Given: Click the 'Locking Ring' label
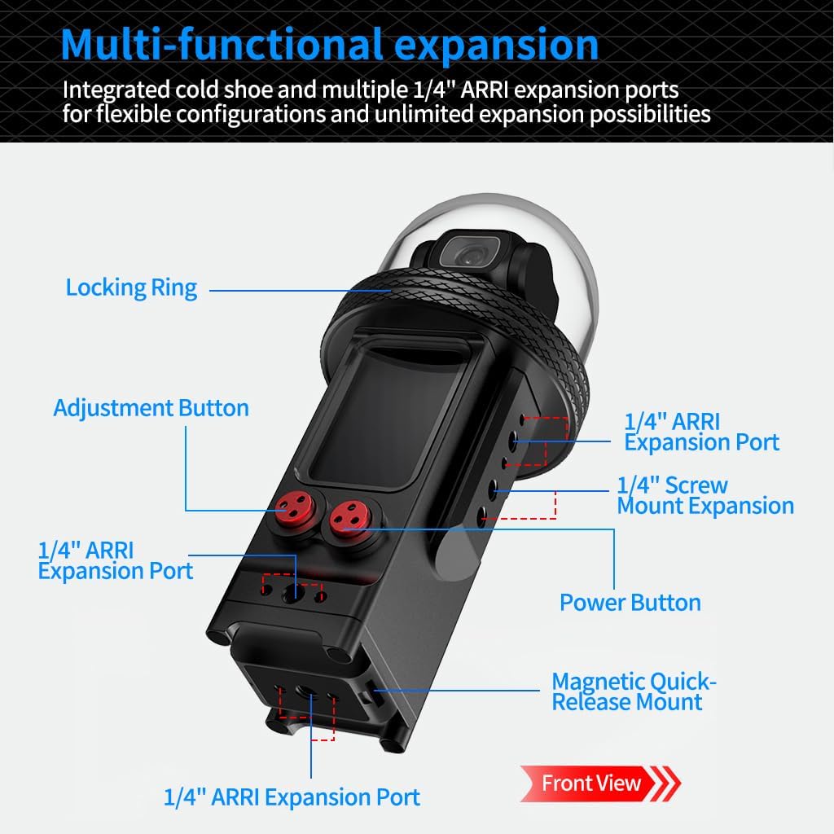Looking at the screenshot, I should click(131, 288).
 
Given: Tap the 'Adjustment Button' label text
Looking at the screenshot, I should click(151, 407).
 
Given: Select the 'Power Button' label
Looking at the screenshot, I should click(630, 603).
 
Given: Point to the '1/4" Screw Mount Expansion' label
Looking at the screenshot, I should click(705, 495).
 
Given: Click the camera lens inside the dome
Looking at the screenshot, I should click(465, 255).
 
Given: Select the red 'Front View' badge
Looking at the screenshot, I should click(591, 784).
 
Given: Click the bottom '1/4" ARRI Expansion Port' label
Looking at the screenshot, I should click(292, 797).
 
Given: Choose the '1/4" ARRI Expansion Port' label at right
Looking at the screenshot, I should click(700, 432).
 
